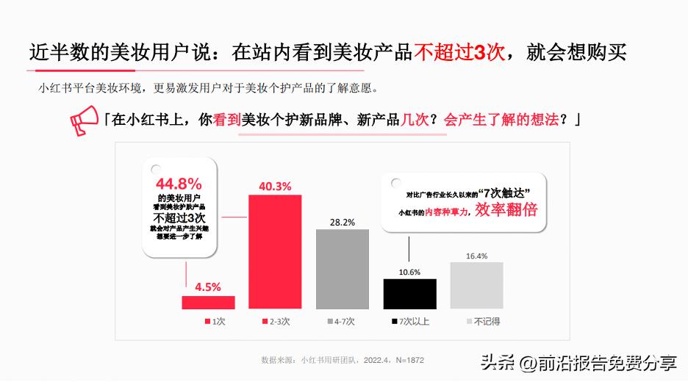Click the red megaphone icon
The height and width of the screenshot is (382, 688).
(83, 120)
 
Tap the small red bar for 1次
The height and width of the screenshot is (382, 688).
(208, 302)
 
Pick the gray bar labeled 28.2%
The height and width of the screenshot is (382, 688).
(343, 269)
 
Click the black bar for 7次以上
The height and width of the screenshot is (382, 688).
(409, 293)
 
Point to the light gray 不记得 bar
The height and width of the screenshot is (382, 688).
(476, 285)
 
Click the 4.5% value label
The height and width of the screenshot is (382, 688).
(208, 287)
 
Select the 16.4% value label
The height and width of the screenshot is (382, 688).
(476, 256)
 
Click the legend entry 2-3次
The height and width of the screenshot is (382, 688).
(276, 322)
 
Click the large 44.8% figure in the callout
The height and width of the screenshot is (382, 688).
(179, 184)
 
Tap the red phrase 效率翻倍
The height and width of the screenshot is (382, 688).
(506, 210)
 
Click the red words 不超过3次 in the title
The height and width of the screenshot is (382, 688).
(459, 53)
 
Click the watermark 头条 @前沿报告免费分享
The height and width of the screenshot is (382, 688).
(578, 363)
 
